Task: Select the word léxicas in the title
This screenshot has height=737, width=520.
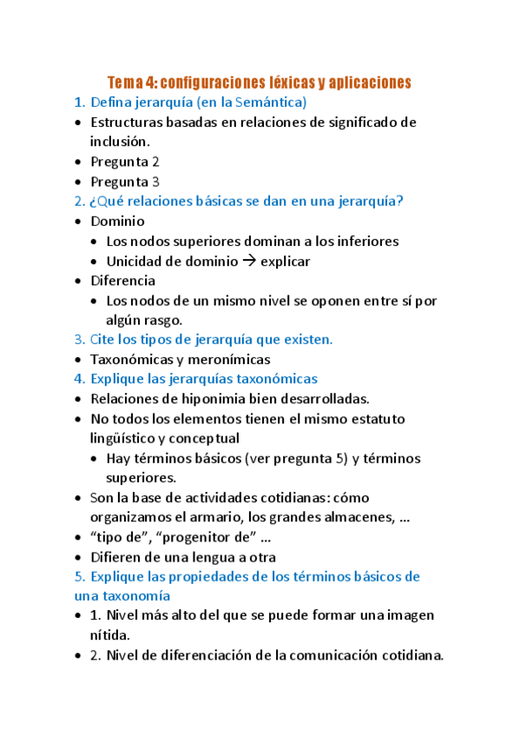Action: [x=289, y=83]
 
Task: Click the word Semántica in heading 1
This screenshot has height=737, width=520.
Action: [x=265, y=103]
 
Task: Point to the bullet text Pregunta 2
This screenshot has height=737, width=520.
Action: [x=125, y=162]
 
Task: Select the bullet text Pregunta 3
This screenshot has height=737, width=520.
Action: [x=125, y=182]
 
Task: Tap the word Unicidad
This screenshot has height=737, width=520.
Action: [x=135, y=261]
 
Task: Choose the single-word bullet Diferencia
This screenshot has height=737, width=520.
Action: [x=123, y=281]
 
